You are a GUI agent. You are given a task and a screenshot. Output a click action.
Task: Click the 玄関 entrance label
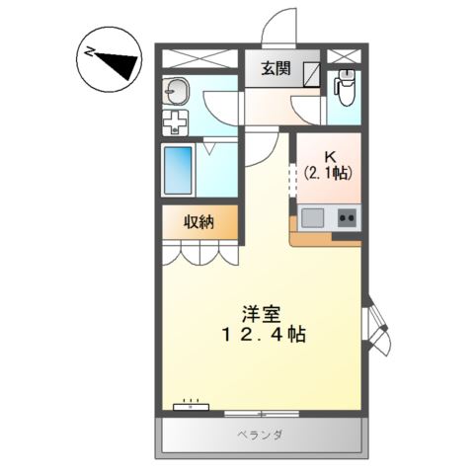(276, 69)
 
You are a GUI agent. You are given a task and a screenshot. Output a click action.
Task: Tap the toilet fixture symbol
(345, 87)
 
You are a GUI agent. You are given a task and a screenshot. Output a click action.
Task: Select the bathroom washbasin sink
(177, 92)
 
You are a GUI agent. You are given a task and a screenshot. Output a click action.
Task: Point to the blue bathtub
(178, 170)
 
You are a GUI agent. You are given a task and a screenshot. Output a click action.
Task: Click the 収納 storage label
(198, 222)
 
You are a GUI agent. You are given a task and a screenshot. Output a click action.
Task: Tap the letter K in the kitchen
(330, 157)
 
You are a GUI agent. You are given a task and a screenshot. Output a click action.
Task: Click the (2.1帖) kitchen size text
(328, 173)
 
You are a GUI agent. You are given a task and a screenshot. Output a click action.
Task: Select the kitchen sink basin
(312, 218)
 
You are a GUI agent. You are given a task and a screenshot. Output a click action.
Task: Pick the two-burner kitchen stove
(347, 217)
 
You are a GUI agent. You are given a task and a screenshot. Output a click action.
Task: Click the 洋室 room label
(262, 314)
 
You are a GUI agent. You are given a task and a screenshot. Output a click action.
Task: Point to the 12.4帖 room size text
(264, 335)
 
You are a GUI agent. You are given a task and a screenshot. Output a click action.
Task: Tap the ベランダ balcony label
(260, 434)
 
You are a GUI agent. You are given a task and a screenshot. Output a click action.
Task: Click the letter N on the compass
(89, 52)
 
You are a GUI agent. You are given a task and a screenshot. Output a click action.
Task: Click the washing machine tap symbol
(176, 122)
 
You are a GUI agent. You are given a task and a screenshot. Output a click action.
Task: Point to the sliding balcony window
(262, 413)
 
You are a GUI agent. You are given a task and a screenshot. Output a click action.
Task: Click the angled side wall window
(376, 325)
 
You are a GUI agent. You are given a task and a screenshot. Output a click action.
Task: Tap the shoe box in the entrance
(311, 74)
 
